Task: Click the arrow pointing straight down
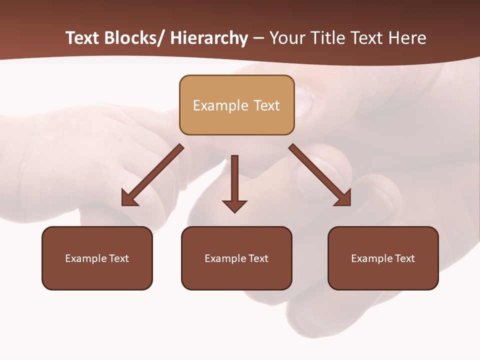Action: coord(234,183)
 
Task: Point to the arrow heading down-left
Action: coord(152,175)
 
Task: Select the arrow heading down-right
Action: coord(320,175)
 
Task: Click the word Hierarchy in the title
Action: coord(209,38)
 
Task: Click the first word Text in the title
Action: coord(83,38)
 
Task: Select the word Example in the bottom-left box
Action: coord(86,258)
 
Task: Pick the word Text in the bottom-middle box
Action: coord(257,258)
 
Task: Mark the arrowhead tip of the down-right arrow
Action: coord(350,205)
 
